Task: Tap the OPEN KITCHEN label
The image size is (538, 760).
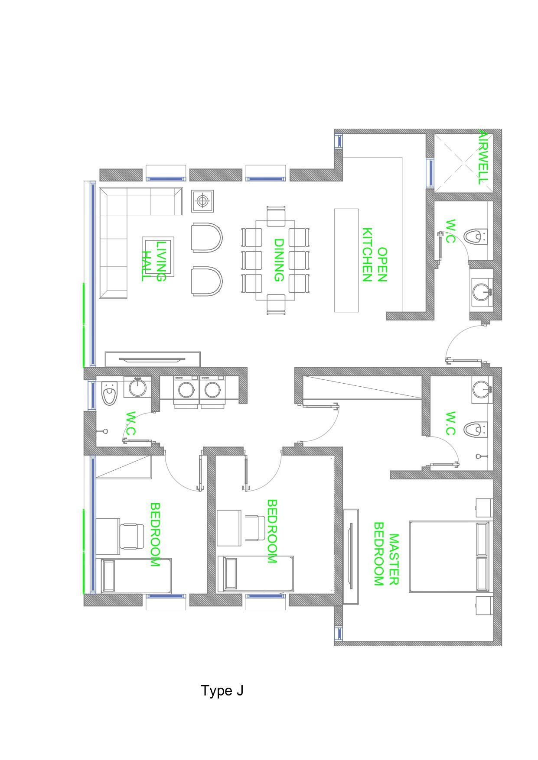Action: coord(374,255)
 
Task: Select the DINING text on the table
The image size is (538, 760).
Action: coord(278,260)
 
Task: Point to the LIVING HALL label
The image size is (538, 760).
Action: coord(154,261)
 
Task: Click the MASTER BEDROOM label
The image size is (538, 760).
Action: coord(386,554)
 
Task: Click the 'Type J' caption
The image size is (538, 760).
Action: coord(222,690)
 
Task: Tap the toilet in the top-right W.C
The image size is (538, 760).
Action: coord(476,236)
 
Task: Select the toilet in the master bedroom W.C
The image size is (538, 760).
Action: coord(476,430)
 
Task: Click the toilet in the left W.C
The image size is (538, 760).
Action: coord(109,393)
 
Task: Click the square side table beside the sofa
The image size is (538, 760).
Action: coord(202,201)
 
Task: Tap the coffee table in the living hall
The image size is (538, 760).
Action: coord(158,256)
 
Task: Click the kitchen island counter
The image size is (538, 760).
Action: coord(346,260)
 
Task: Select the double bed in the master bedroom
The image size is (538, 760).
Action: coord(449,556)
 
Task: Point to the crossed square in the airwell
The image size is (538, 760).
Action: coord(464,162)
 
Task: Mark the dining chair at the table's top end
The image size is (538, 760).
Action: coord(276,215)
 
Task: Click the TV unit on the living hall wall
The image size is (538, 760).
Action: coord(153,359)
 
